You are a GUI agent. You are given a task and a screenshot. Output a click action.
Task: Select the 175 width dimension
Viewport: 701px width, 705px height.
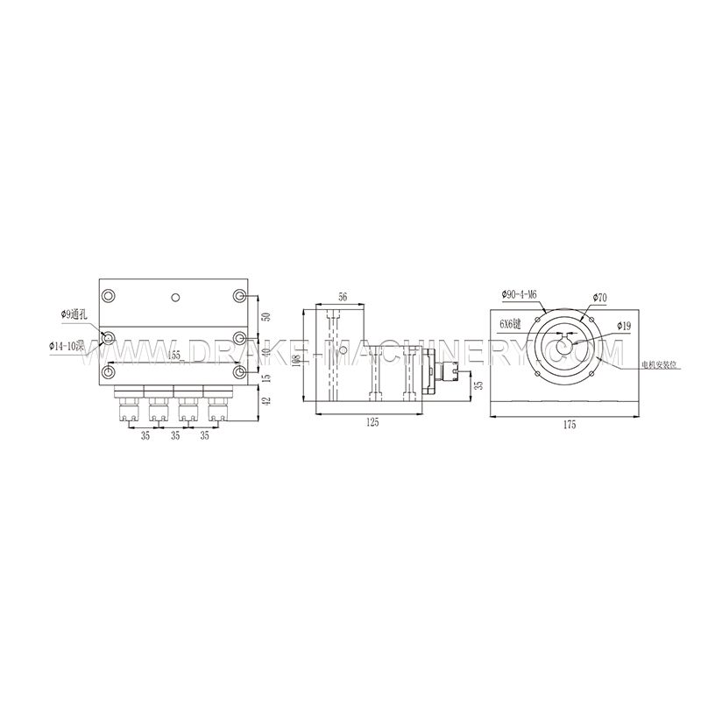[x=570, y=425]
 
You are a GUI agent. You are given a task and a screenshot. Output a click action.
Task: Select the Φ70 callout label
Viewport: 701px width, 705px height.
[x=599, y=298]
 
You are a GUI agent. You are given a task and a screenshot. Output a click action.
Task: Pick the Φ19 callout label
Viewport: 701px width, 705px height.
[x=624, y=326]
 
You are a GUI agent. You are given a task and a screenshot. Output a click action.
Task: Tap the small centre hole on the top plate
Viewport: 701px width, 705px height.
[x=175, y=299]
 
